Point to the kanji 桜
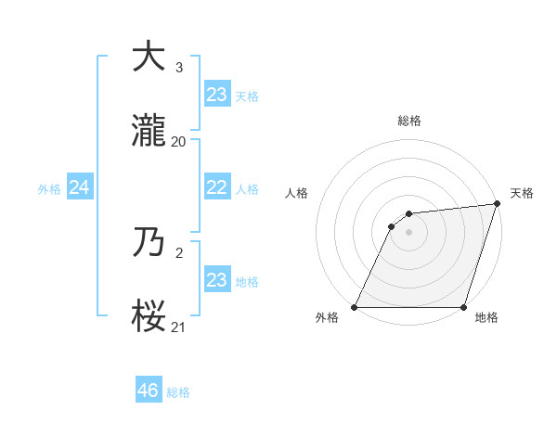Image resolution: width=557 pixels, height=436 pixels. pos(149,317)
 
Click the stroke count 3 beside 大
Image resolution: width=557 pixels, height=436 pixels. pos(179,67)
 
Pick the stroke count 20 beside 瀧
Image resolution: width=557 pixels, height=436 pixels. pos(179,142)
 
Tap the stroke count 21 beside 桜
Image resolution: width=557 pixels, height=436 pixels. pos(179,327)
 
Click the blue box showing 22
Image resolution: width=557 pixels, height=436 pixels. pos(216,186)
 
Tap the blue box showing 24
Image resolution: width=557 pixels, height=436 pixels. pos(79,187)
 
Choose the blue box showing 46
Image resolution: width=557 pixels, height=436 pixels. pos(148,391)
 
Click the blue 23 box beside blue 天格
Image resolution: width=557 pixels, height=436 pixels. pos(216,94)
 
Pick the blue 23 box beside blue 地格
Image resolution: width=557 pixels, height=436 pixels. pos(216,279)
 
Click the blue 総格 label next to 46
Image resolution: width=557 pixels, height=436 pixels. pos(178,392)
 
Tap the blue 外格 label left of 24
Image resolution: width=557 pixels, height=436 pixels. pos(49,189)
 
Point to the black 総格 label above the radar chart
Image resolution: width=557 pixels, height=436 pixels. pos(409,121)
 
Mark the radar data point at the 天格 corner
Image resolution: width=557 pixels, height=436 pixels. pos(497,204)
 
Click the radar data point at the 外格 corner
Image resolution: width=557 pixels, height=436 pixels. pos(355,307)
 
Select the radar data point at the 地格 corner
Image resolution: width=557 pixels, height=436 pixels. pos(463,307)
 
